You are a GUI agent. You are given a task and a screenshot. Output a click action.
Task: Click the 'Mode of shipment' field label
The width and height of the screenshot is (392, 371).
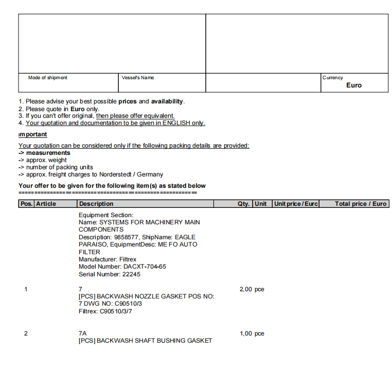[47, 78]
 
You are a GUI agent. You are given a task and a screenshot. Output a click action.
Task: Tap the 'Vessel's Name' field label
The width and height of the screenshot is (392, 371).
[138, 78]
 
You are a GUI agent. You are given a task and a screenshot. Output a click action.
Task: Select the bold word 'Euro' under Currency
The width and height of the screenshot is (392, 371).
[354, 85]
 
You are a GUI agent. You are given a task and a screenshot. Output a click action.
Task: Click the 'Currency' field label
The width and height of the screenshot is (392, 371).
[333, 78]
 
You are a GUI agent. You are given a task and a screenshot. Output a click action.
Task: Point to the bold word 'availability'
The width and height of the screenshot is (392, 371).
[167, 101]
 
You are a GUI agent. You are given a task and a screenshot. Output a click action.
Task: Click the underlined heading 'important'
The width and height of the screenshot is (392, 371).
[33, 134]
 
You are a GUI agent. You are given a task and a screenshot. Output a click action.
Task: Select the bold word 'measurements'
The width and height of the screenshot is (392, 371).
[48, 153]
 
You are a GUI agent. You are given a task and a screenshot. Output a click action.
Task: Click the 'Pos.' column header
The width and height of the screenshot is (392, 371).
[26, 204]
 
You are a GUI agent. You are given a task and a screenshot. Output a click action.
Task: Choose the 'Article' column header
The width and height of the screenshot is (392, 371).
[46, 204]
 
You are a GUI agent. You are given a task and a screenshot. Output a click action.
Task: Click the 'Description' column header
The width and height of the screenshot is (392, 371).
[96, 204]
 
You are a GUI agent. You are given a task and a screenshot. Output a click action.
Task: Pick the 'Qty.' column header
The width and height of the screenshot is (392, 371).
[243, 204]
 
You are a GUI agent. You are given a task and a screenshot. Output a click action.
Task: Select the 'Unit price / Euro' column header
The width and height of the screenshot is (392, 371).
[296, 204]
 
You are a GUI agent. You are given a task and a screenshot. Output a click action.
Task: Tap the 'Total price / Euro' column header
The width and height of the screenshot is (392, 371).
[360, 204]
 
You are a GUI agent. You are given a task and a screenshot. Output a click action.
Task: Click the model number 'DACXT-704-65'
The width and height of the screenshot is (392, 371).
[145, 267]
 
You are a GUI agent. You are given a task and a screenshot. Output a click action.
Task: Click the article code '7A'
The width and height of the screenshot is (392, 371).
[82, 333]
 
